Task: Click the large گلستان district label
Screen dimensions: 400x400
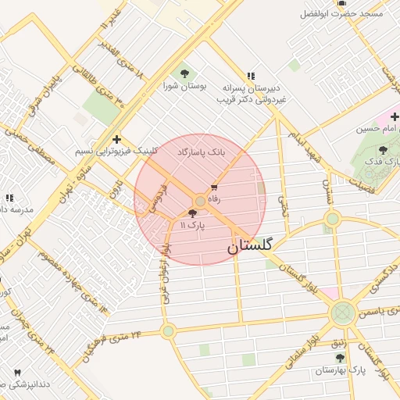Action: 251,246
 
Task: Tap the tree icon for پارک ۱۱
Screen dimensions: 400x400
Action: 193,213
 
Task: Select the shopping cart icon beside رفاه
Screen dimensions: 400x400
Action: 214,188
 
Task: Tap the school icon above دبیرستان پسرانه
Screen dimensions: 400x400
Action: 250,76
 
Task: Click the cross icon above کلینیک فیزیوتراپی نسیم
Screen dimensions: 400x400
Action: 116,138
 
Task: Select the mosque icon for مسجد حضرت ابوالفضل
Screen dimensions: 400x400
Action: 341,3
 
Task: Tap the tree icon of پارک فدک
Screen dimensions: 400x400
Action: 382,150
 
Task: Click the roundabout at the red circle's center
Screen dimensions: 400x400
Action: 200,202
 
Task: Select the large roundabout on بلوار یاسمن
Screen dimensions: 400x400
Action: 341,314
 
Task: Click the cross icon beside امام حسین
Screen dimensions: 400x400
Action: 395,116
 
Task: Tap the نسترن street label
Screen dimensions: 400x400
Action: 328,189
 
